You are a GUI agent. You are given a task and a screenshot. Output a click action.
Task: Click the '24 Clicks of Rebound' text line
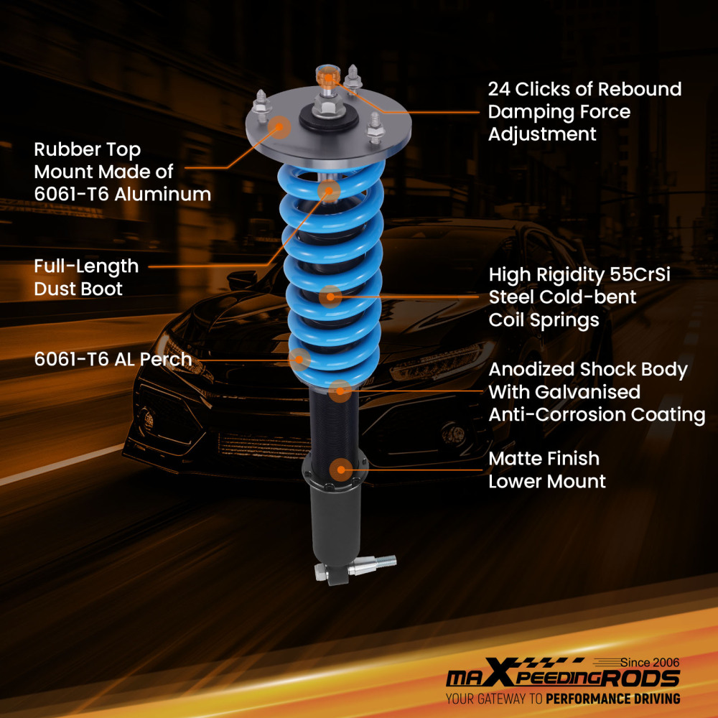point(584,90)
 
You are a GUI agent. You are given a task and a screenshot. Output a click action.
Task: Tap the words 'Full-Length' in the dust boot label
point(86,266)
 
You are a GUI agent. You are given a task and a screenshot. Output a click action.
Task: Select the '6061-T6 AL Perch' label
point(113,359)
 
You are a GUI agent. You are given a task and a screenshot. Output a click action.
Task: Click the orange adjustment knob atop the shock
point(326,74)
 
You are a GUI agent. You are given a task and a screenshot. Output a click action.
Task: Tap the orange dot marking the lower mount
point(340,471)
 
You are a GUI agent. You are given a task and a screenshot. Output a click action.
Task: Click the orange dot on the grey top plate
point(279,129)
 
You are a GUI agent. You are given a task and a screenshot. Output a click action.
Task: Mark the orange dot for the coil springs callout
point(330,296)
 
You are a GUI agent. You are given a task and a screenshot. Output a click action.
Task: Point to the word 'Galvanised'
point(564,392)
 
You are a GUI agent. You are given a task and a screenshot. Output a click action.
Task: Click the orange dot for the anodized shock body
point(341,391)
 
